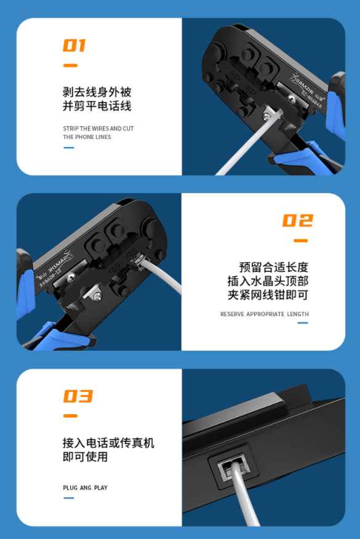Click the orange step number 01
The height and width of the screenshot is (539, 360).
[x=74, y=46]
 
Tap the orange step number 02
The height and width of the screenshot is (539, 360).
[x=298, y=220]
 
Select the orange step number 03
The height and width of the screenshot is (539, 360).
[x=78, y=396]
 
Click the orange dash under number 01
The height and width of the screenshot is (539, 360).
[x=71, y=65]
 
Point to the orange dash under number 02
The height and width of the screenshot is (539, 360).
[x=301, y=241]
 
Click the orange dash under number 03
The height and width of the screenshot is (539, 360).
[x=71, y=416]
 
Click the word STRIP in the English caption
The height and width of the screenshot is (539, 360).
[x=71, y=129]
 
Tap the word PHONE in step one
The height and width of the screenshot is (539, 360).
[x=84, y=137]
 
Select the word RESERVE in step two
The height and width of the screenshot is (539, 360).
[x=233, y=314]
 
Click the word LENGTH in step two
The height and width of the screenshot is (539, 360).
[x=298, y=314]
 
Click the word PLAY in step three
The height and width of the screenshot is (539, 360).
[x=101, y=488]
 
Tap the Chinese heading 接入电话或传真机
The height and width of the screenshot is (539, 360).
[x=108, y=443]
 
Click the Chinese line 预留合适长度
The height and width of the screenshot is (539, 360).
[x=274, y=267]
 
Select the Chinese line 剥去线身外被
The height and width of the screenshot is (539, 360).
[x=97, y=92]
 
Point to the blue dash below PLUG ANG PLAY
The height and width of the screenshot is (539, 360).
[x=69, y=498]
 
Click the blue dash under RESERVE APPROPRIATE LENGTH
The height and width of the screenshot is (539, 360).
[x=303, y=323]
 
